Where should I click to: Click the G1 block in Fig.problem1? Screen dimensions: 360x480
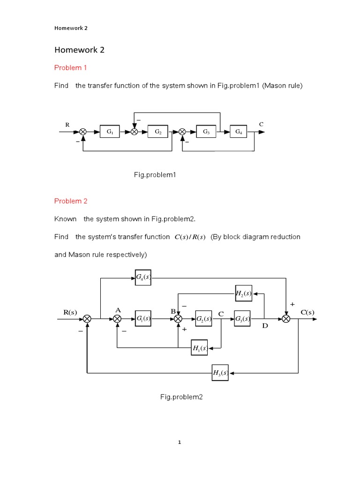coord(110,132)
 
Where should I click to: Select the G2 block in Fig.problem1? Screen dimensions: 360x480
coord(158,132)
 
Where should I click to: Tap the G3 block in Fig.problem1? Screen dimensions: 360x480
coord(206,132)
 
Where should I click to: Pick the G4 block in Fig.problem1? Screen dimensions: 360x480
coord(239,132)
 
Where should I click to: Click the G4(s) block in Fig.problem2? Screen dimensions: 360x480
coord(143,277)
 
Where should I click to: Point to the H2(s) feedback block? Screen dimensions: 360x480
coord(244,293)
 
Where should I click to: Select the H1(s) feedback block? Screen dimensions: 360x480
coord(199,348)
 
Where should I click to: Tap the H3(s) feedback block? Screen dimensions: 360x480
coord(220,373)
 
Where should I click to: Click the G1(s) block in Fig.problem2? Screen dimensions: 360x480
coord(143,319)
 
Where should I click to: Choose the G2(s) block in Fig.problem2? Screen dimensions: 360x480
coord(203,319)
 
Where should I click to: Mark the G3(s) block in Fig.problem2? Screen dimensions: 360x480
coord(242,319)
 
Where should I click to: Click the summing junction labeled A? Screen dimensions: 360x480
coord(117,319)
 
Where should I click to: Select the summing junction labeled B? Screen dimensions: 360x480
coord(178,319)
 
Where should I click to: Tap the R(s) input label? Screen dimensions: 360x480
coord(70,312)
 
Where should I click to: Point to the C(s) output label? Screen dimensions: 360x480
coord(307,312)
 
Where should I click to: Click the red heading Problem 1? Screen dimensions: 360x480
coord(70,67)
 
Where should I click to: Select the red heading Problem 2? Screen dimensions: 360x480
coord(71,201)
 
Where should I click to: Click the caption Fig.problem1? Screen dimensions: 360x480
coord(155,175)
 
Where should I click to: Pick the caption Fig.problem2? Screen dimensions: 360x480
coord(181,397)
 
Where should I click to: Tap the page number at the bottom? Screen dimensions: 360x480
coord(180,442)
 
